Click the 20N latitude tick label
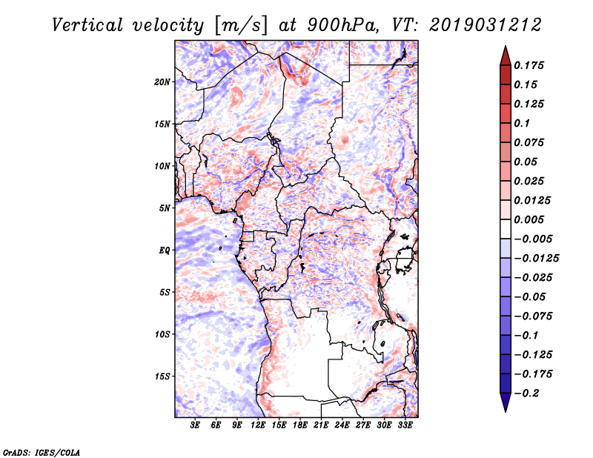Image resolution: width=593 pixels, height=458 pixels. point(162,82)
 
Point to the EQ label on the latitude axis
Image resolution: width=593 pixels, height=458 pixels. point(165,250)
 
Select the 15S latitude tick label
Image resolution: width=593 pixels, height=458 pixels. point(162,376)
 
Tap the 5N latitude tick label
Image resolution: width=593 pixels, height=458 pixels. point(165,208)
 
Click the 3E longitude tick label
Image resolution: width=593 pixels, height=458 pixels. point(196,426)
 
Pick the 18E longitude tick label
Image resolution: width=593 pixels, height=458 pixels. point(300,426)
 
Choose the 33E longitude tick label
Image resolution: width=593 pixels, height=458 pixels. point(405,426)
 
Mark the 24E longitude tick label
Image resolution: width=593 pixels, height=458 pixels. point(342,426)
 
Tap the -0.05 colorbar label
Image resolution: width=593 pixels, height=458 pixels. point(531,296)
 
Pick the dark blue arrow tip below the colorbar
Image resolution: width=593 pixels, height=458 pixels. point(505,406)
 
